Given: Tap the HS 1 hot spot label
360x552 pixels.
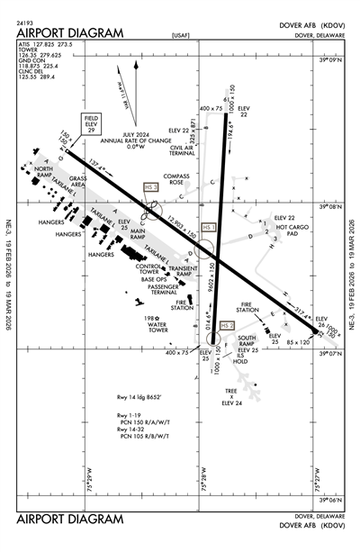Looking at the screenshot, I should pyautogui.click(x=210, y=229).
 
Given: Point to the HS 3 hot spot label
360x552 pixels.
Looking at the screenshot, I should pyautogui.click(x=150, y=186).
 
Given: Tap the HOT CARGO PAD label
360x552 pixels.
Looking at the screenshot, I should pyautogui.click(x=292, y=231).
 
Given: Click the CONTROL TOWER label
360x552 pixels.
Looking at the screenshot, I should pyautogui.click(x=148, y=269).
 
